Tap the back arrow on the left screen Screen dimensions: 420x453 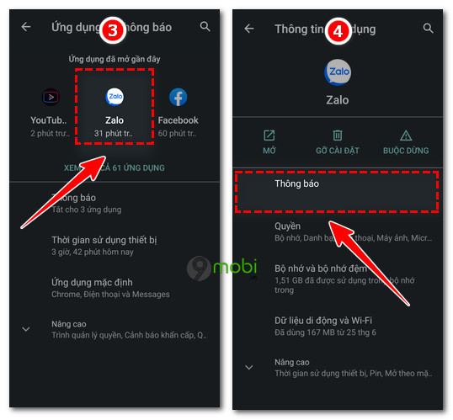click(x=26, y=27)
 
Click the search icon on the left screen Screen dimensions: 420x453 click(x=205, y=27)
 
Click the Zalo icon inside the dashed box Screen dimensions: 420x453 click(x=114, y=97)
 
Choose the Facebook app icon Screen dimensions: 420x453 click(x=179, y=97)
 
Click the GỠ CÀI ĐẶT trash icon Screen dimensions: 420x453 click(x=338, y=136)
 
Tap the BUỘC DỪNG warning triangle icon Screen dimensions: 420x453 click(x=406, y=136)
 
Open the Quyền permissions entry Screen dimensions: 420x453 click(x=288, y=226)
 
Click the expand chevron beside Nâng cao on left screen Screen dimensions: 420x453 click(x=26, y=328)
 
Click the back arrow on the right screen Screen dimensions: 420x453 click(x=248, y=28)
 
